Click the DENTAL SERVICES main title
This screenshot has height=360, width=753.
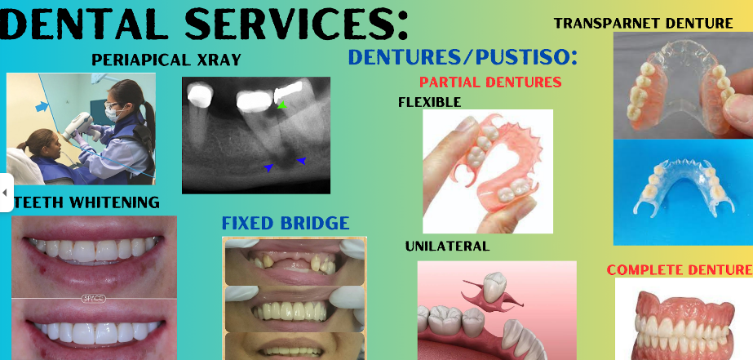204,23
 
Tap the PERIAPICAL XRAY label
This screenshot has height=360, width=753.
166,60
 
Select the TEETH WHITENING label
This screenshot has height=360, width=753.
86,202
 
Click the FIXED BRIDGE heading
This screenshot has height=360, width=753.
286,223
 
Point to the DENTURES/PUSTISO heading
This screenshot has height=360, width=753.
463,57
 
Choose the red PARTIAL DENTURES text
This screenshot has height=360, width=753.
490,82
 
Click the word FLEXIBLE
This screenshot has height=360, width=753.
429,102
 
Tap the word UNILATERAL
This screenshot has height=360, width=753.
447,246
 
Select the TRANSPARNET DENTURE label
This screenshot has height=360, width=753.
643,23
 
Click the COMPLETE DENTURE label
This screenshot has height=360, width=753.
680,269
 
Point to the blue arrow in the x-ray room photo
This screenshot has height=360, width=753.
42,106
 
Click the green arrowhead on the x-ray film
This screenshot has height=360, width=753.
282,104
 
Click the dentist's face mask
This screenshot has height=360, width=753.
112,114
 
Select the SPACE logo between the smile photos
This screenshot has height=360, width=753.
94,299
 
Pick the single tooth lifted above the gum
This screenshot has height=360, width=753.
494,287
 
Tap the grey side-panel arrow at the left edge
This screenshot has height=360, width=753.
5,193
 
